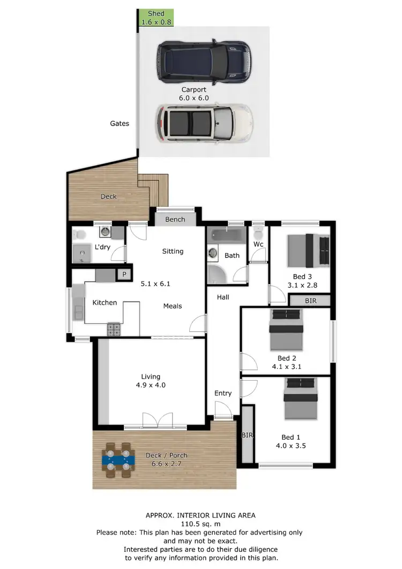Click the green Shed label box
tap(155, 18)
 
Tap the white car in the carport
tap(204, 123)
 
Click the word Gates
tap(120, 123)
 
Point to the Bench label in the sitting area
tap(175, 219)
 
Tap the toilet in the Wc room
tap(258, 235)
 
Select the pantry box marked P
tap(124, 275)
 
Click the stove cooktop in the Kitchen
tap(114, 328)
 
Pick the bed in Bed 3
tap(308, 251)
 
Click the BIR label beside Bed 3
tap(310, 301)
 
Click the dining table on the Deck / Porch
tap(117, 459)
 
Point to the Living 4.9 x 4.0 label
tap(151, 381)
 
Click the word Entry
tap(223, 393)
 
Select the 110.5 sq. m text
tap(200, 524)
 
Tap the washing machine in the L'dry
tap(105, 232)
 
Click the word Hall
tap(223, 297)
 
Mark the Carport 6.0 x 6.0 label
tap(195, 94)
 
